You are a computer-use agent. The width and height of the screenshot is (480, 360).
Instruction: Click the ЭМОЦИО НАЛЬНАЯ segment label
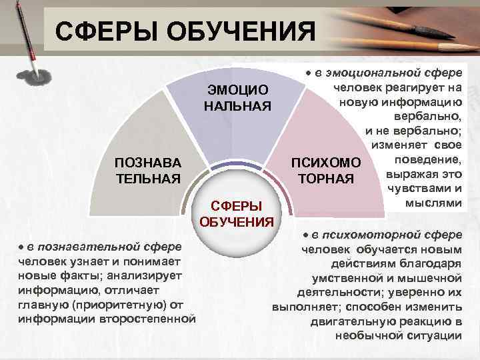click(237, 98)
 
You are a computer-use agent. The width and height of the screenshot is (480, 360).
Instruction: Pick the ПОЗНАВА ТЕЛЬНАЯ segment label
click(147, 171)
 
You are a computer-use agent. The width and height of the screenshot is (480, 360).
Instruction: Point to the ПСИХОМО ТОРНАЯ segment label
click(325, 171)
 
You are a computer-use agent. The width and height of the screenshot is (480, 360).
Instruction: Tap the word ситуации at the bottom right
click(434, 335)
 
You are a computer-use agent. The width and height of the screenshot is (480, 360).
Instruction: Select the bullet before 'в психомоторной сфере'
click(305, 235)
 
